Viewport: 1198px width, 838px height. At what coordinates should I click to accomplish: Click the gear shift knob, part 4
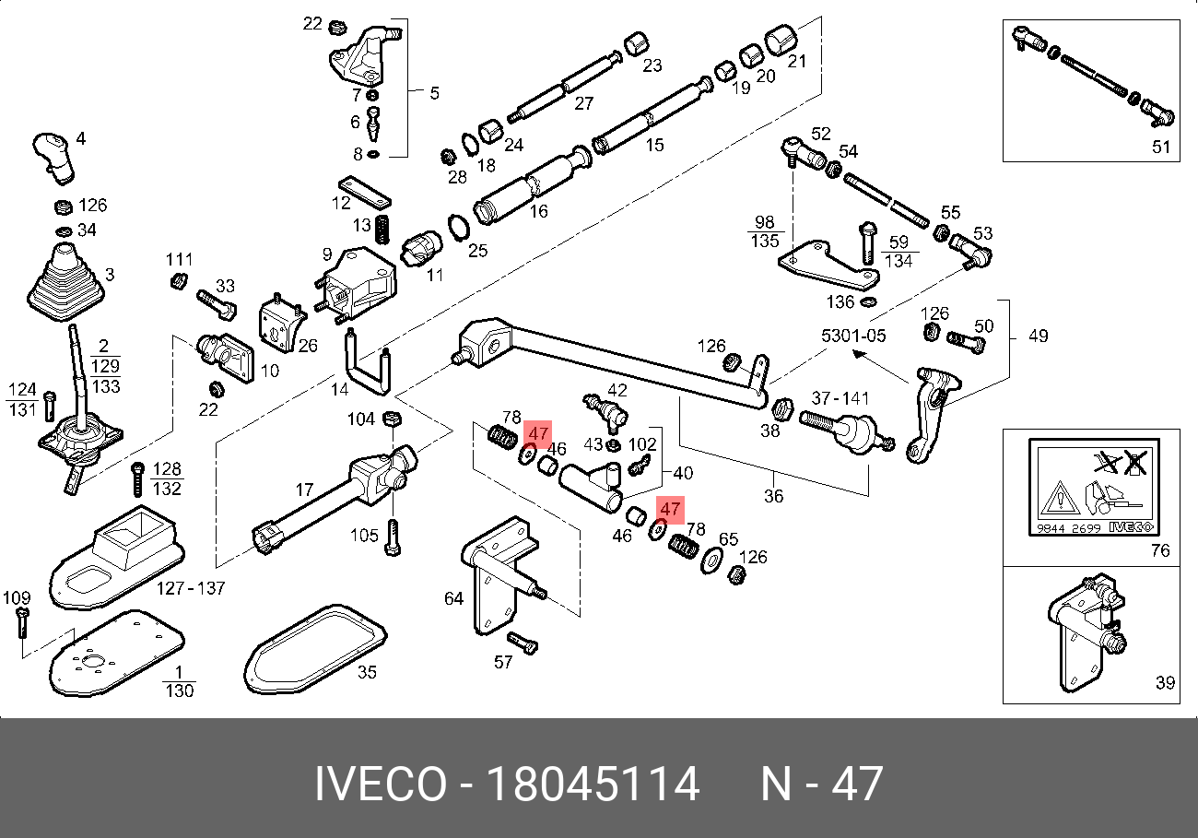pos(53,154)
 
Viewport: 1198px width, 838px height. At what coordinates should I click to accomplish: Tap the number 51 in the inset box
pos(1160,147)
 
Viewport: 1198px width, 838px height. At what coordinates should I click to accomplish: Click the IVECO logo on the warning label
pos(1131,526)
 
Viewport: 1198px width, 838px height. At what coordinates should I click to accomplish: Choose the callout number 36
pos(774,496)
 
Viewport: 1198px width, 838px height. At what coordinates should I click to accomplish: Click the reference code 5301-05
pos(854,336)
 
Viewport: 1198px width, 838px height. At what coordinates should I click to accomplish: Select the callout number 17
pos(305,491)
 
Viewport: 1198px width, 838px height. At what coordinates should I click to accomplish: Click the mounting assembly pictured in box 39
pos(1086,627)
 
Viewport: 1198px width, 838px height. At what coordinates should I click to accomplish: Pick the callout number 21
pos(797,62)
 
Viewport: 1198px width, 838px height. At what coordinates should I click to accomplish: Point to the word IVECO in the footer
pos(380,785)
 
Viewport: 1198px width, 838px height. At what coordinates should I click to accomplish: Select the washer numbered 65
pos(711,560)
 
